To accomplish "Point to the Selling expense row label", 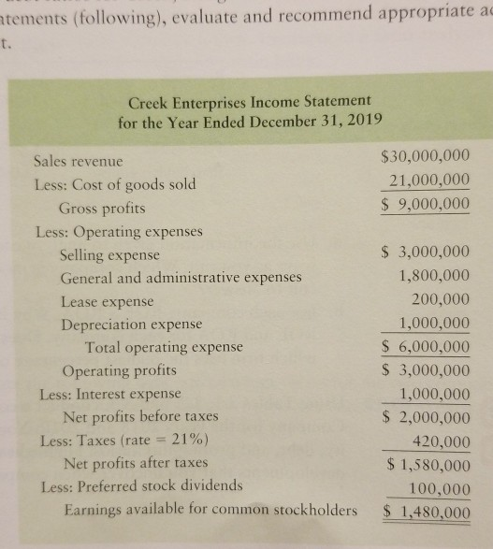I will pyautogui.click(x=109, y=254).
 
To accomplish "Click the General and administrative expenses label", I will pyautogui.click(x=181, y=278).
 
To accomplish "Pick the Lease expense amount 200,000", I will pyautogui.click(x=442, y=301).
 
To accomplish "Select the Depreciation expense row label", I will pyautogui.click(x=131, y=325).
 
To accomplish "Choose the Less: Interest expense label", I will pyautogui.click(x=109, y=394).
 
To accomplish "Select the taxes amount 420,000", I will pyautogui.click(x=442, y=441).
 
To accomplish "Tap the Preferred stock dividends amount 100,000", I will pyautogui.click(x=442, y=486).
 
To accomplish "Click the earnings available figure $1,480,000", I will pyautogui.click(x=427, y=512).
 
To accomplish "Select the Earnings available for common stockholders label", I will pyautogui.click(x=210, y=511).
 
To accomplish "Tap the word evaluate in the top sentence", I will pyautogui.click(x=202, y=12).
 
